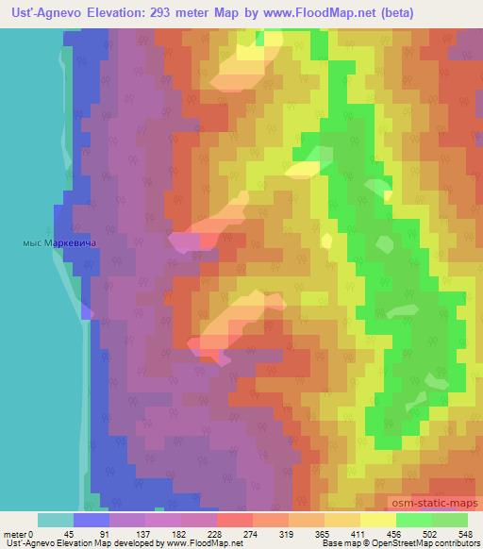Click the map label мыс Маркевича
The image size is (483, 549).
pos(59,242)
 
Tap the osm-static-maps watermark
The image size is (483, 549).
pos(430,507)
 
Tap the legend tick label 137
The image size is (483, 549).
pos(146,534)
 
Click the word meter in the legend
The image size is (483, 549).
pos(15,534)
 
